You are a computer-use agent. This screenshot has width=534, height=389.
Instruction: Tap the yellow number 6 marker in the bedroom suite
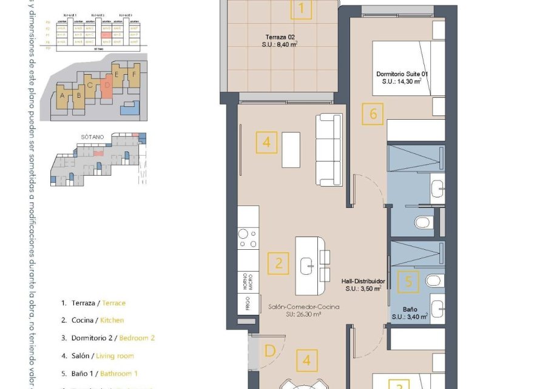[373, 114]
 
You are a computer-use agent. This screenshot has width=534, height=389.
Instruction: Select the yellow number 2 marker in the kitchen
[279, 263]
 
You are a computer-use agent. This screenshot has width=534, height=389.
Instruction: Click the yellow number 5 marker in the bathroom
[408, 281]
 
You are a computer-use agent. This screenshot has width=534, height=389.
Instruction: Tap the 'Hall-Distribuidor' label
[363, 282]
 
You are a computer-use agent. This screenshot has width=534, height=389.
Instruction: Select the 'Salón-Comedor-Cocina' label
[303, 308]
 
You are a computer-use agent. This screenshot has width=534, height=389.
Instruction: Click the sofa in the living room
[328, 150]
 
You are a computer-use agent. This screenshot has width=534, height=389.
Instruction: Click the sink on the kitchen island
[307, 264]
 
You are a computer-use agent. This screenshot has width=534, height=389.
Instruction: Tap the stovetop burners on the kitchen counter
[248, 238]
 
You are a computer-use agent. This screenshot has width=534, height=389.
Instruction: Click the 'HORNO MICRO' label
[248, 280]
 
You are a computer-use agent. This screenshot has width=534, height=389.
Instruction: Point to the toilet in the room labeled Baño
[433, 280]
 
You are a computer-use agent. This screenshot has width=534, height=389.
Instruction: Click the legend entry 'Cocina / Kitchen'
[93, 320]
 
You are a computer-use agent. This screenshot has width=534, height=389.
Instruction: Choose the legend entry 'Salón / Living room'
[97, 356]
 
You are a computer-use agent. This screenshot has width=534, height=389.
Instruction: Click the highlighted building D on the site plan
[107, 88]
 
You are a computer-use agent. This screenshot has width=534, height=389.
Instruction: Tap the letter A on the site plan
[63, 95]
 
